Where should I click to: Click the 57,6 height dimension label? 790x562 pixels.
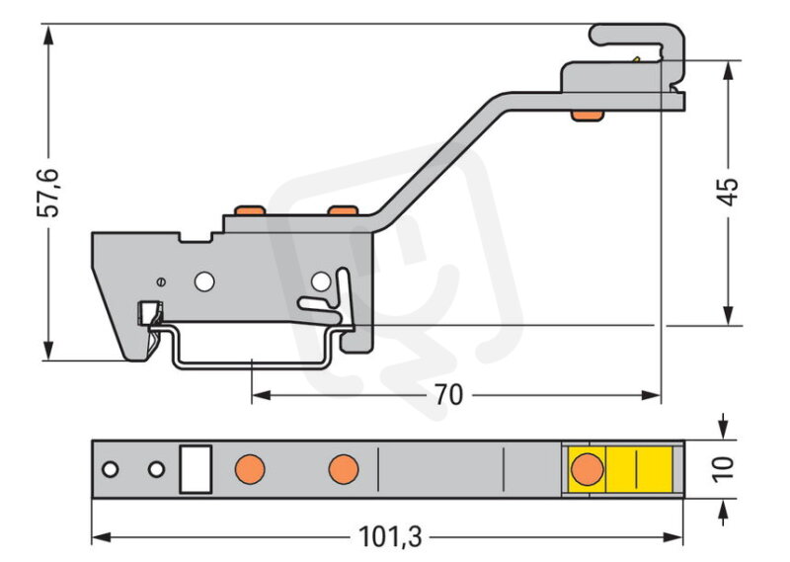point(48,193)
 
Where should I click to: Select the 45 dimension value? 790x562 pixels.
point(728,192)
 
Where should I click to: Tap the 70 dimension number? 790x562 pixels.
point(448,395)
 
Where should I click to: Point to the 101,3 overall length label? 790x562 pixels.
point(390,537)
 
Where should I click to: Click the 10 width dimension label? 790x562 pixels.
point(724,469)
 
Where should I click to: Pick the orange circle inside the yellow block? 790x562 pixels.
point(587,469)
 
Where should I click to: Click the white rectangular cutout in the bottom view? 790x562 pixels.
point(196,469)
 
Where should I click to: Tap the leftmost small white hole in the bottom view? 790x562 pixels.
point(111,469)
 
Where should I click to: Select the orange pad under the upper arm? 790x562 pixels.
point(587,116)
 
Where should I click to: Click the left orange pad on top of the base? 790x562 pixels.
point(251,209)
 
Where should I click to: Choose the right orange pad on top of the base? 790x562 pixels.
point(343,209)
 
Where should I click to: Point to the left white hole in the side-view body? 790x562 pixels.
point(204,282)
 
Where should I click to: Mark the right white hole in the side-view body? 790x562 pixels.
point(321,282)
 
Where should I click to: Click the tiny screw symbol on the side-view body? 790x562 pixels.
point(161,282)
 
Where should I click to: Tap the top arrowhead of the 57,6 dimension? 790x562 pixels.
point(48,36)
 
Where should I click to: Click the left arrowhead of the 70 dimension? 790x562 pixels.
point(262,395)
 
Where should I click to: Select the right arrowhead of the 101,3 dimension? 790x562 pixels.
point(673,537)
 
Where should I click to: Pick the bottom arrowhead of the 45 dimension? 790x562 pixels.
point(728,314)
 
